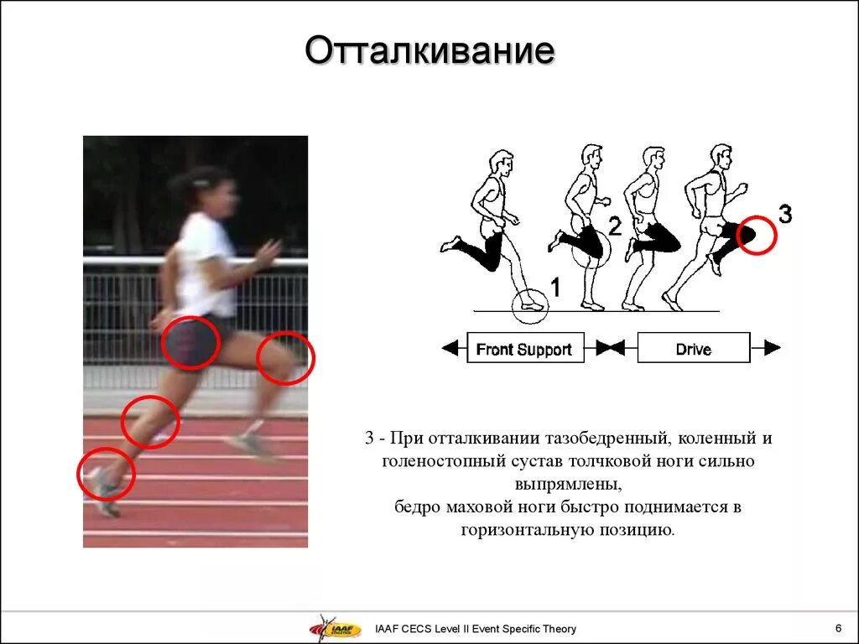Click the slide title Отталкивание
pyautogui.click(x=429, y=51)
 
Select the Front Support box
pyautogui.click(x=523, y=348)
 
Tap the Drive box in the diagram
pyautogui.click(x=693, y=348)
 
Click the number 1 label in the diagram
pyautogui.click(x=554, y=288)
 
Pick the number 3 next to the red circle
pyautogui.click(x=784, y=216)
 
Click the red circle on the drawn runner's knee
pyautogui.click(x=757, y=236)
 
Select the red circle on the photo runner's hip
pyautogui.click(x=190, y=343)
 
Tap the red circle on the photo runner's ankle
pyautogui.click(x=106, y=475)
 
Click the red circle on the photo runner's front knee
pyautogui.click(x=285, y=358)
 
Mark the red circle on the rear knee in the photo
pyautogui.click(x=151, y=421)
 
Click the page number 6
pyautogui.click(x=838, y=628)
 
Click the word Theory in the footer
pyautogui.click(x=557, y=629)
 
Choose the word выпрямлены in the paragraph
pyautogui.click(x=568, y=484)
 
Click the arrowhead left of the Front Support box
pyautogui.click(x=450, y=348)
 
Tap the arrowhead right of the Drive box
pyautogui.click(x=772, y=348)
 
